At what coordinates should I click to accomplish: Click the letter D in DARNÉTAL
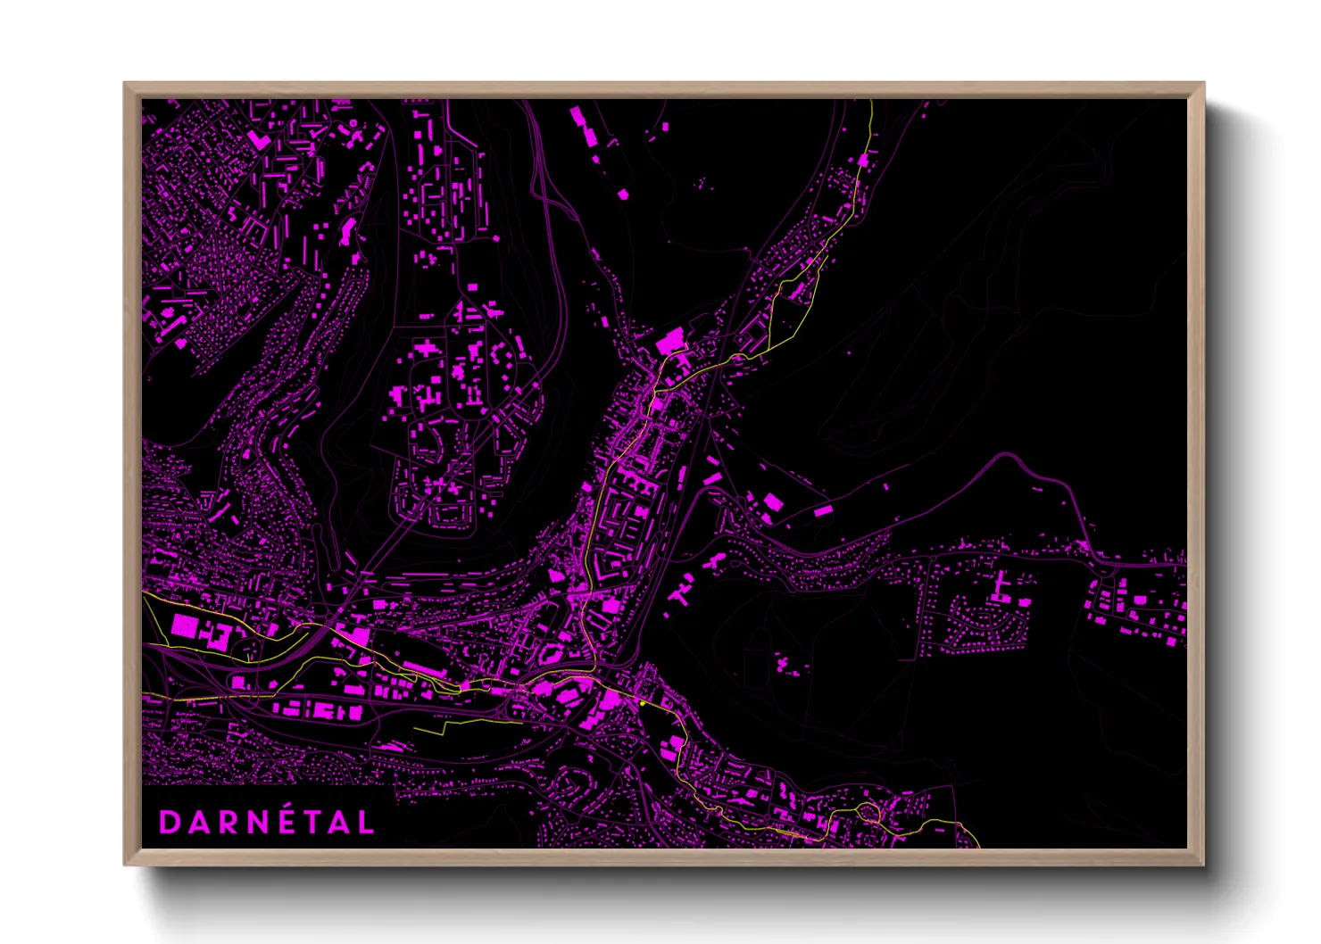pyautogui.click(x=170, y=823)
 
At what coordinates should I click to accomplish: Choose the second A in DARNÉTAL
pyautogui.click(x=337, y=823)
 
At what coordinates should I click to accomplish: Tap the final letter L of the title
pyautogui.click(x=364, y=823)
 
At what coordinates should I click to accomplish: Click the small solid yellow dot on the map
pyautogui.click(x=642, y=704)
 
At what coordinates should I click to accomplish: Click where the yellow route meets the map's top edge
pyautogui.click(x=871, y=101)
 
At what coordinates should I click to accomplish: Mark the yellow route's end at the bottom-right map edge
pyautogui.click(x=977, y=846)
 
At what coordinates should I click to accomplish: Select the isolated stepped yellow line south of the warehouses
pyautogui.click(x=464, y=724)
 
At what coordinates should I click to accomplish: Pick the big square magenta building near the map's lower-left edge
pyautogui.click(x=183, y=625)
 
